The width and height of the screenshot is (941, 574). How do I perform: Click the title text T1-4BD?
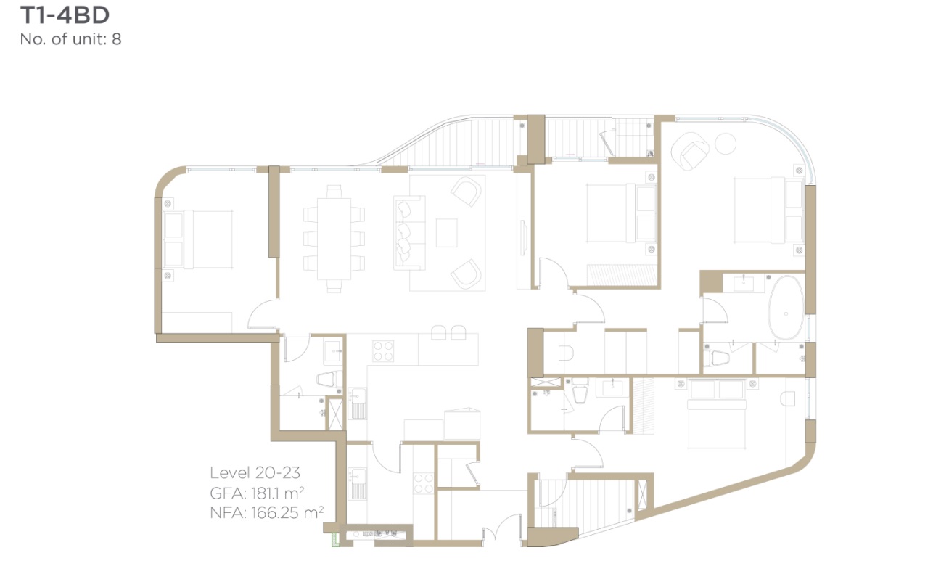(x=65, y=15)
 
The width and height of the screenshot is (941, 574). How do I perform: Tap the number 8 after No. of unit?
(x=116, y=39)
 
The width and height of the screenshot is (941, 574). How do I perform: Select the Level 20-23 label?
(x=255, y=472)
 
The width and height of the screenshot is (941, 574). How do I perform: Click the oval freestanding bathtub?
(x=786, y=308)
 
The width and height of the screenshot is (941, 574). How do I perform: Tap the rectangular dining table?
(x=334, y=239)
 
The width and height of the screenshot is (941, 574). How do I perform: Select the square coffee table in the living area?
(x=446, y=233)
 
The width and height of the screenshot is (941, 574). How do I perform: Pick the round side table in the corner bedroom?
(x=726, y=144)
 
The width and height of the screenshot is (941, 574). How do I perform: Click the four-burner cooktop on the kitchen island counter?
(x=383, y=351)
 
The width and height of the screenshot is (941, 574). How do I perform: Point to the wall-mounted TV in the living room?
(x=523, y=237)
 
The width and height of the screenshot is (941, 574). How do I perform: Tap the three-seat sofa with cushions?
(x=408, y=233)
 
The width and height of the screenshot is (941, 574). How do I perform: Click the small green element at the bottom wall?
(x=335, y=539)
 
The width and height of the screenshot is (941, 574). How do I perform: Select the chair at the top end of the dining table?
(x=334, y=192)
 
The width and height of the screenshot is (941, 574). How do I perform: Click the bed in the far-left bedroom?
(x=197, y=239)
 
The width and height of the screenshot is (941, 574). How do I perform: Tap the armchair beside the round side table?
(x=690, y=151)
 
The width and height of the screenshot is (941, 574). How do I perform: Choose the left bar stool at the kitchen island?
(x=438, y=332)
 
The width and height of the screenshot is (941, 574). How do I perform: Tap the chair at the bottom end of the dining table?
(x=334, y=286)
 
